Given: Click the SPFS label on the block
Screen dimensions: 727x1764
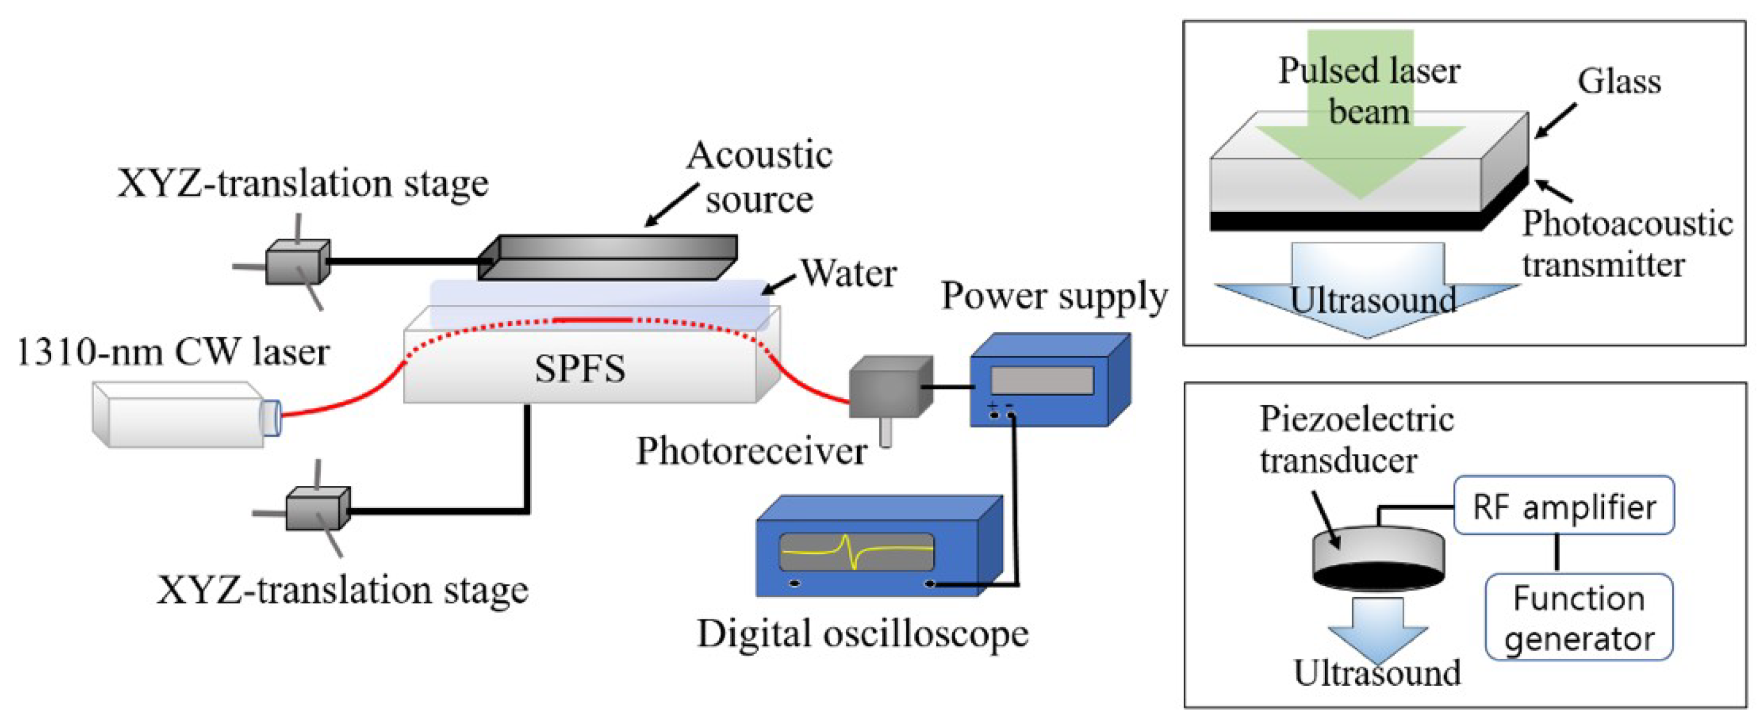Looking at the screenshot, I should pos(580,369).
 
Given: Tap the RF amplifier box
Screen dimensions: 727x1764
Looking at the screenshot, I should pos(1564,506).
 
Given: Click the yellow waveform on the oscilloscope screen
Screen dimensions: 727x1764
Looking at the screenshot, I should pos(856,550).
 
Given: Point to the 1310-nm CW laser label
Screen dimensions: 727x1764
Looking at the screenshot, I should pos(173,352).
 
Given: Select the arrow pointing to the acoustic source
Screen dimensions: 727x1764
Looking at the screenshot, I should pos(671,205).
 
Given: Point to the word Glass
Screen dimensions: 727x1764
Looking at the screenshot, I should pos(1619,82).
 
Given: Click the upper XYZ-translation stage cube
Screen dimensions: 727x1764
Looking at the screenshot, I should pos(297,261).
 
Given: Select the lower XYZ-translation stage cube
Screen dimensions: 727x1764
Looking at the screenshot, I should pos(317,508).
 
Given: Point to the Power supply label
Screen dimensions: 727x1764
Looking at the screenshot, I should pos(1054,296).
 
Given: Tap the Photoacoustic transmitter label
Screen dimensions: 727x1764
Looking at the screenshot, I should pos(1626,244).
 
